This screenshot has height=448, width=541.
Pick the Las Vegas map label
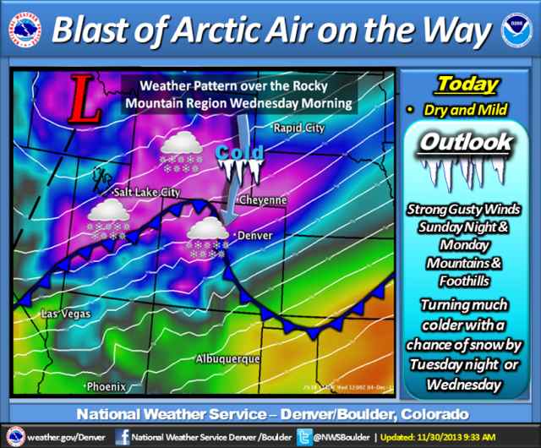66,315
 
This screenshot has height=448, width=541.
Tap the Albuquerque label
227,359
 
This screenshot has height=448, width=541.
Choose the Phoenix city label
105,386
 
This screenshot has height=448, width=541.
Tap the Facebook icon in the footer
123,436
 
